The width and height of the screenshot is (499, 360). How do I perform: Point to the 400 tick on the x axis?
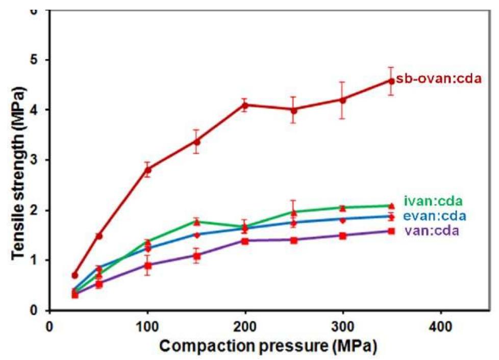(440, 325)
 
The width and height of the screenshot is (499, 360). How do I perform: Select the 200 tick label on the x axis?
(245, 325)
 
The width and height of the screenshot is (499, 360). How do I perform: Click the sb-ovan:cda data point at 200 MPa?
(245, 106)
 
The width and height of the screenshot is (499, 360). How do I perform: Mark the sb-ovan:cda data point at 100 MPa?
(147, 170)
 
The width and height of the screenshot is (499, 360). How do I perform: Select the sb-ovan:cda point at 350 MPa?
(391, 81)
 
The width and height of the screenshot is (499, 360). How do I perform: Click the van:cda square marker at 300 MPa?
(343, 236)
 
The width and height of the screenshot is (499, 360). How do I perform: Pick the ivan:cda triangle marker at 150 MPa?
(196, 222)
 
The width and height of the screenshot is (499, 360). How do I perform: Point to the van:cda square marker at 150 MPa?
(196, 255)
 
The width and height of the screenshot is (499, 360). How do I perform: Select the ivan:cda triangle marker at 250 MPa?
(294, 212)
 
